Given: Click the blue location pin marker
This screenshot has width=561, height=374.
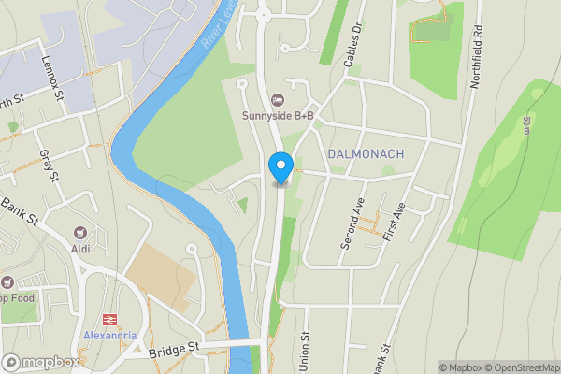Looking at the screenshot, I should click(280, 166).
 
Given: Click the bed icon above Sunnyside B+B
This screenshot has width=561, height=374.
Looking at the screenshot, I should click(276, 100).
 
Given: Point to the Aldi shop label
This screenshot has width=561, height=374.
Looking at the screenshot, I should click(81, 249).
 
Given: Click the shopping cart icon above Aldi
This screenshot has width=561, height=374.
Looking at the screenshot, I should click(81, 234).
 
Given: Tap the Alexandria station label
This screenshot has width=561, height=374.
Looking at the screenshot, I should click(108, 335).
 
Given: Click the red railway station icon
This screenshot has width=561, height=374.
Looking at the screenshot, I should click(108, 320).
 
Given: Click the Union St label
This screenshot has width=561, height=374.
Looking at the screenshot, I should click(305, 351).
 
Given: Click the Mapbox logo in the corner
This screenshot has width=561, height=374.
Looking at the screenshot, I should click(40, 362).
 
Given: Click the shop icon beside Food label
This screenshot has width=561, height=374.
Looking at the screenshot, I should click(7, 282).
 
